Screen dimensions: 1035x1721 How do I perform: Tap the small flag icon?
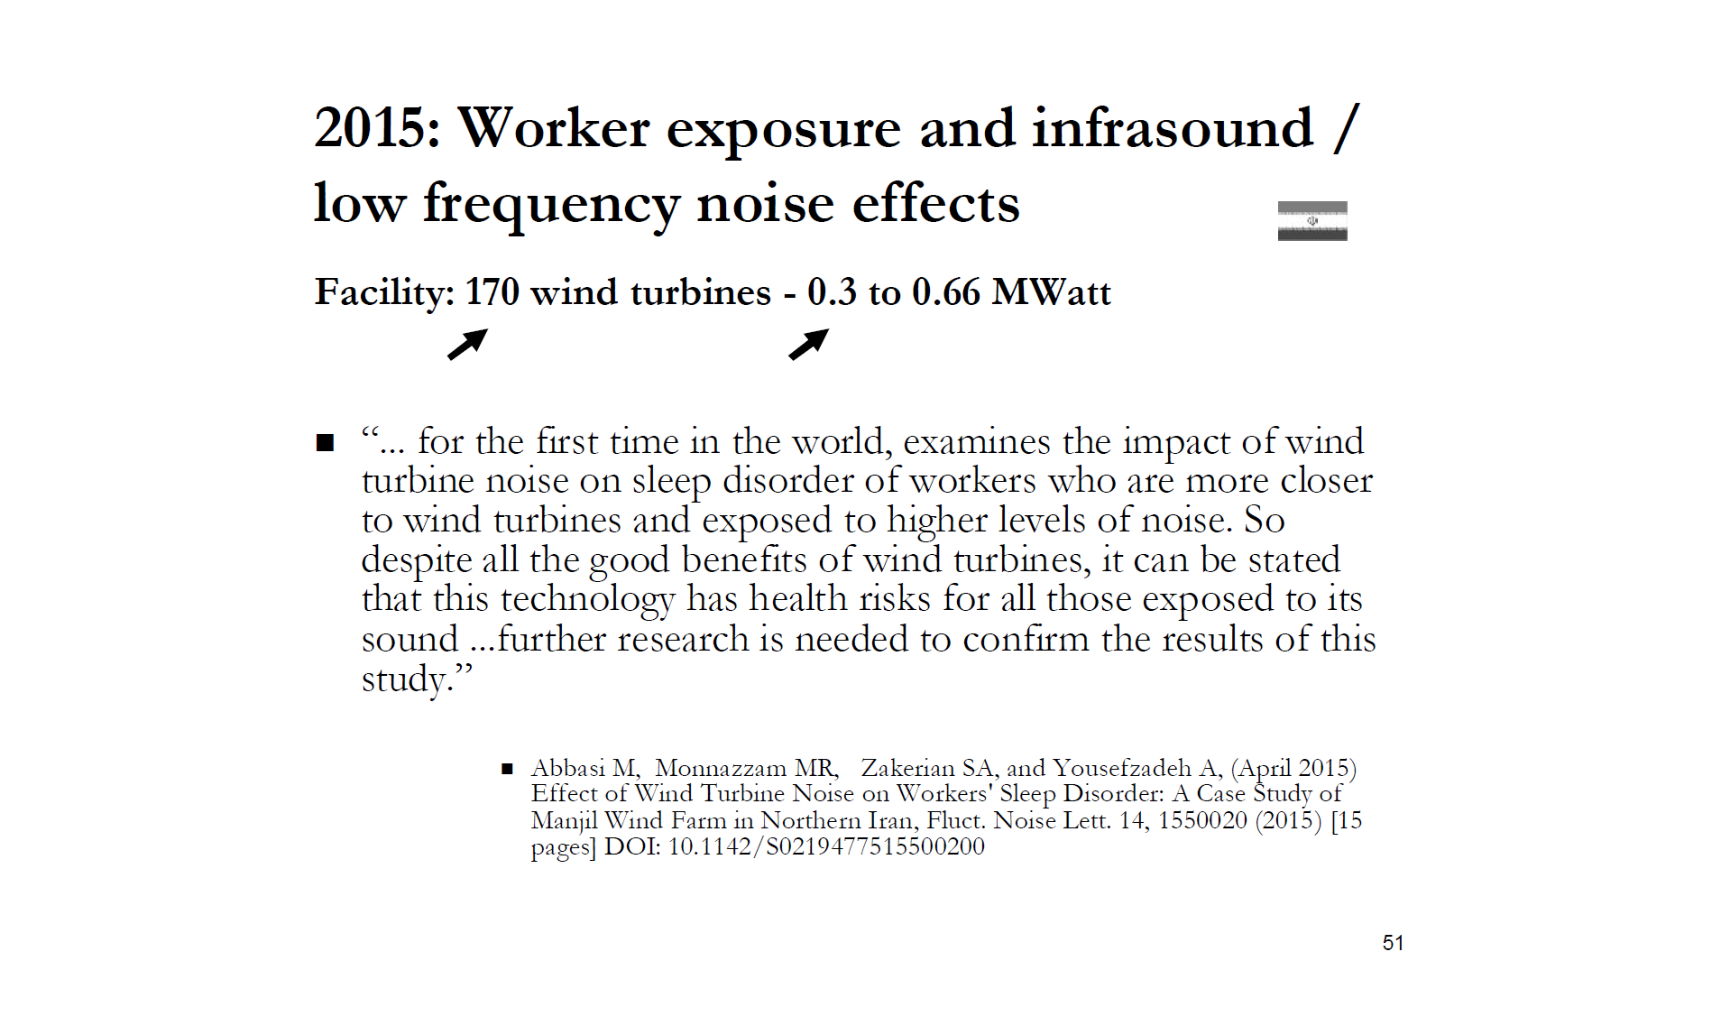(1311, 220)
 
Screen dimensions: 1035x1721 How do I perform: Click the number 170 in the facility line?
(492, 292)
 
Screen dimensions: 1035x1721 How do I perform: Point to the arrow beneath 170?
(467, 344)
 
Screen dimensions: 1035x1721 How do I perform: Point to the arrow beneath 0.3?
(808, 344)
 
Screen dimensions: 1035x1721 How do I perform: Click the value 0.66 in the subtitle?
(945, 292)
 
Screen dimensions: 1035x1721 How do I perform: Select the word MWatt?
(1051, 292)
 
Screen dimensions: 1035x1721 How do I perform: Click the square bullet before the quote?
(325, 443)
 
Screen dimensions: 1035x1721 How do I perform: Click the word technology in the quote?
(587, 599)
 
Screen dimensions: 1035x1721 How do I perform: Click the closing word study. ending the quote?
(416, 679)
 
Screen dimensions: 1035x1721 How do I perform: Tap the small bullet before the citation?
(507, 770)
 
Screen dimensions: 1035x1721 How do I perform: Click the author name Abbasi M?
(584, 768)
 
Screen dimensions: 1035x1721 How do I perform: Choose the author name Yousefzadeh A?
(1135, 768)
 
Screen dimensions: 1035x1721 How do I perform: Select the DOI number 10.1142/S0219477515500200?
(825, 846)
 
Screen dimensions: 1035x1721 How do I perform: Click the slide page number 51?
(1392, 943)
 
